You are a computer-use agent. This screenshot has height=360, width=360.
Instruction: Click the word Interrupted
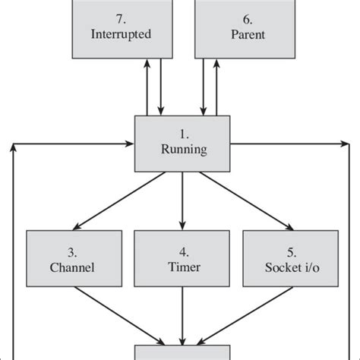[120, 34]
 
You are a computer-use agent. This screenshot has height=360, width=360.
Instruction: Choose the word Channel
[71, 267]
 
